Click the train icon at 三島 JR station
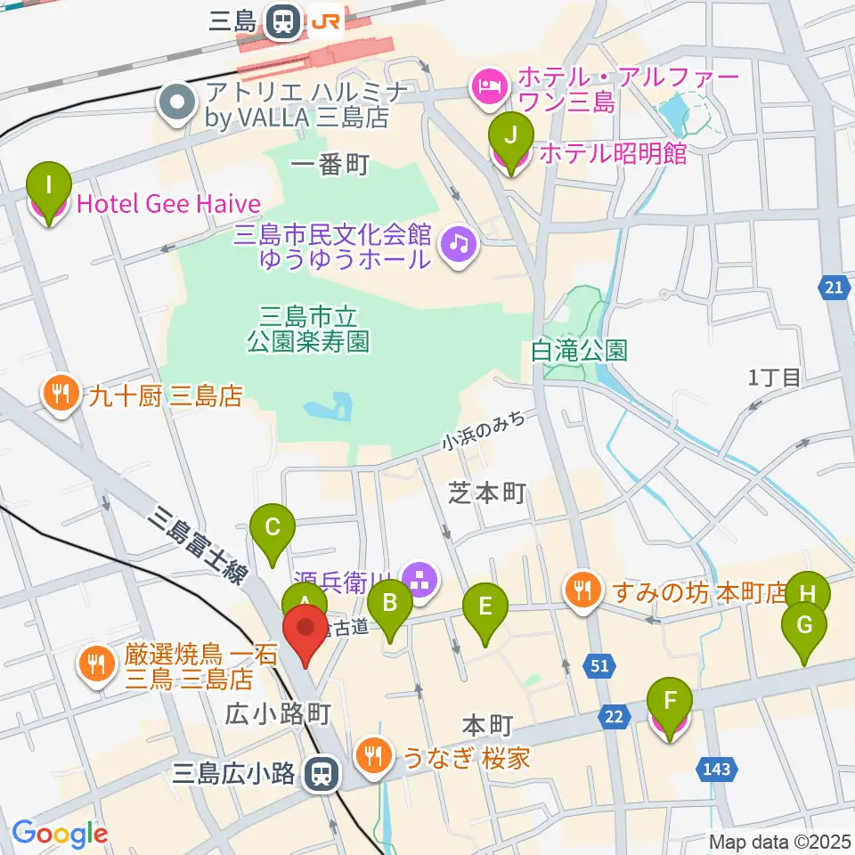[284, 23]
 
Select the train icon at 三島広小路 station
[320, 773]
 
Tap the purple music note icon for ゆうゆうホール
[460, 241]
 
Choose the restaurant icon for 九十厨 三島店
[61, 395]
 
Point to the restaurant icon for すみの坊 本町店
[582, 590]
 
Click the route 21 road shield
[832, 287]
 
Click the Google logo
[60, 834]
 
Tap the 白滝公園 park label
[579, 349]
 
